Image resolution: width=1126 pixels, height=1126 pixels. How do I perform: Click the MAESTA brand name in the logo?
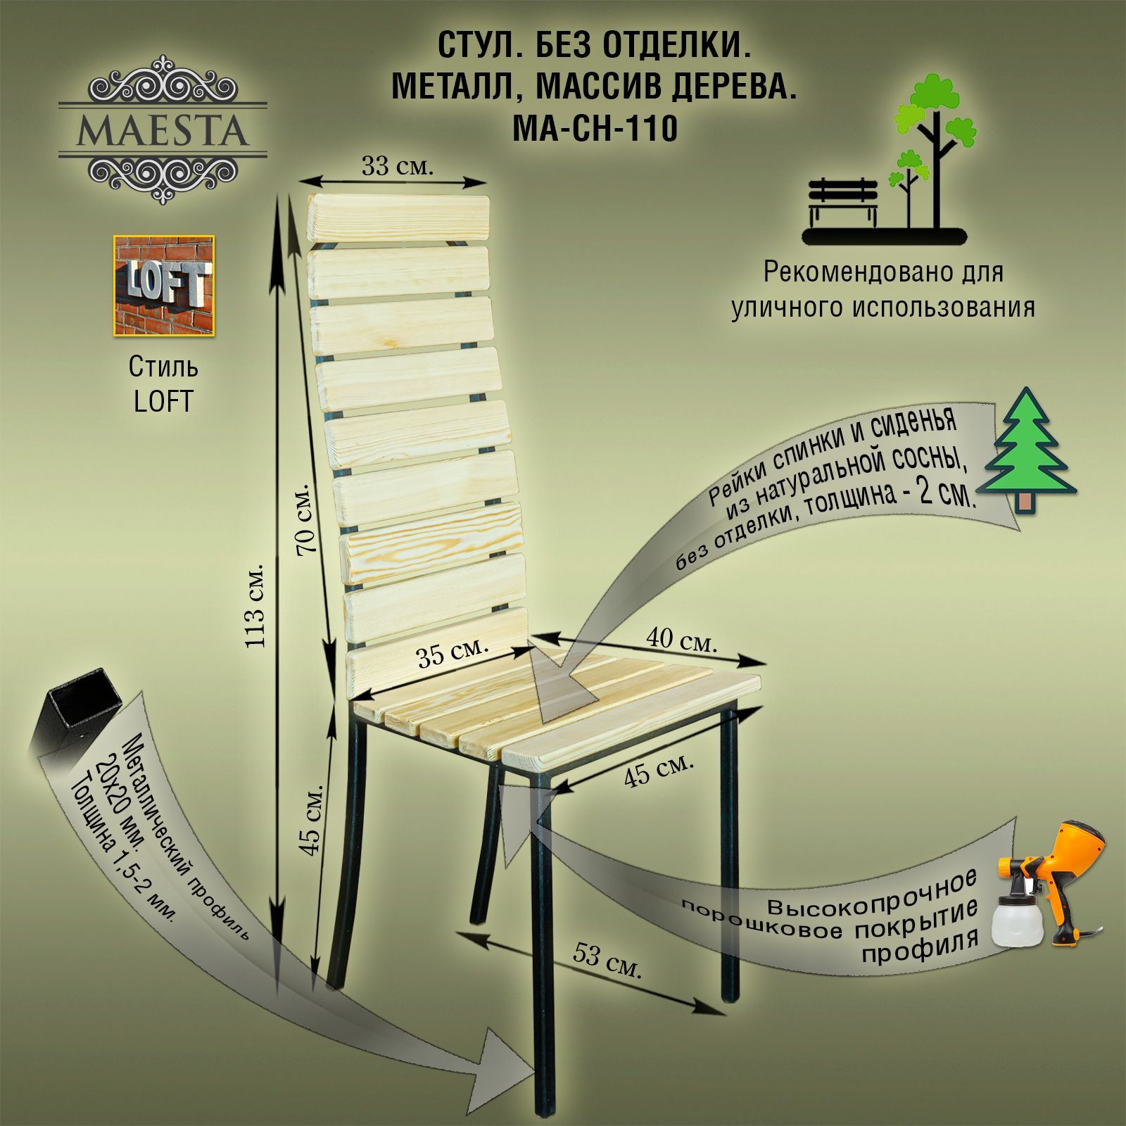pyautogui.click(x=163, y=129)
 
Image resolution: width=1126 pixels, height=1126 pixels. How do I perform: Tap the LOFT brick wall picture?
pyautogui.click(x=164, y=285)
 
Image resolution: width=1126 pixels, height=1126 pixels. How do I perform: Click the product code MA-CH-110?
pyautogui.click(x=594, y=129)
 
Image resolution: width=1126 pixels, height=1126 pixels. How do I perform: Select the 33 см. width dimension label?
pyautogui.click(x=398, y=167)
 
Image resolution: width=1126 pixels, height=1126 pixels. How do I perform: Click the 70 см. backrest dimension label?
pyautogui.click(x=308, y=519)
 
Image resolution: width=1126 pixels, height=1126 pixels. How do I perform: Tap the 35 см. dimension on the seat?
pyautogui.click(x=453, y=652)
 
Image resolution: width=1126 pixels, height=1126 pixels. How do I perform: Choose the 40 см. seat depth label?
pyautogui.click(x=681, y=639)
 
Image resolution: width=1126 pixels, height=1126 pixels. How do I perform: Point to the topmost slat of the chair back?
pyautogui.click(x=398, y=218)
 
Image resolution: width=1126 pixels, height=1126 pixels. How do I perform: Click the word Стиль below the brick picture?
pyautogui.click(x=163, y=367)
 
